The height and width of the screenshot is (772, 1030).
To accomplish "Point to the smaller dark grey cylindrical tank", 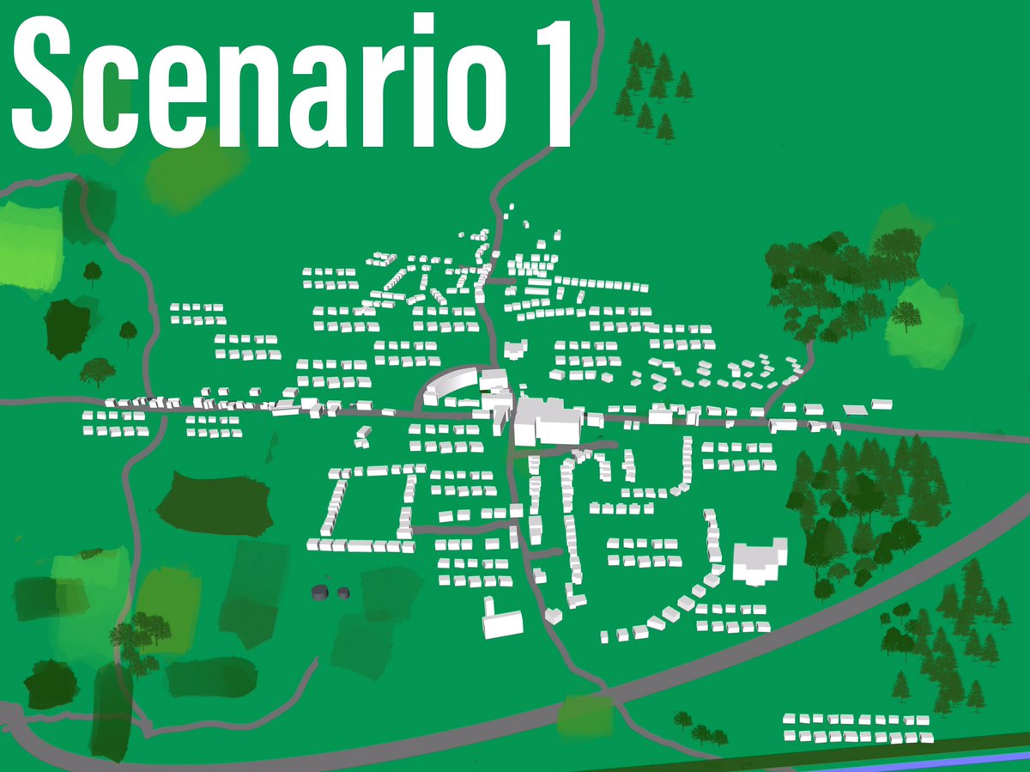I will coord(343,592).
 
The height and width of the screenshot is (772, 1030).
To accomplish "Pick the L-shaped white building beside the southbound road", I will coord(502,620).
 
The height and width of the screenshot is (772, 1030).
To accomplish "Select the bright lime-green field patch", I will coord(30,245).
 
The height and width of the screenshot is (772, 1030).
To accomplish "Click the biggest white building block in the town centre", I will coord(545,421).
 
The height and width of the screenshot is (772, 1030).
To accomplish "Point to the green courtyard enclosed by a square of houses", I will coord(369,507).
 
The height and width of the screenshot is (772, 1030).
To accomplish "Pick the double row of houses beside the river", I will coord(858,727).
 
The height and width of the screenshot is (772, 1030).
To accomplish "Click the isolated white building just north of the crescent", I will coord(515,349).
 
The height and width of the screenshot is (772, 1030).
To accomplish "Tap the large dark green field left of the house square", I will coord(215,504).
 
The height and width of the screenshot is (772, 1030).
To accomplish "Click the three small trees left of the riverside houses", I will coord(701,730).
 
